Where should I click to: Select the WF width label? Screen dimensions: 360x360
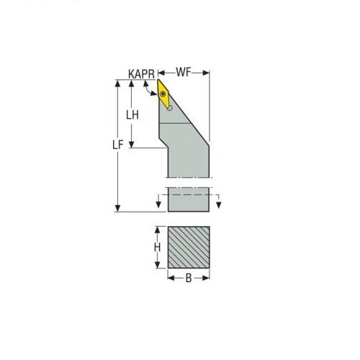(x=184, y=73)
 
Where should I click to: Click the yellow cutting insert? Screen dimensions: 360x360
(x=165, y=94)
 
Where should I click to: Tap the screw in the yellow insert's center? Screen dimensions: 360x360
(x=164, y=93)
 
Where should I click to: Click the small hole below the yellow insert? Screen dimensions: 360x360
(x=170, y=107)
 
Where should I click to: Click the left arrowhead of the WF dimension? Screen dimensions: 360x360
(x=161, y=73)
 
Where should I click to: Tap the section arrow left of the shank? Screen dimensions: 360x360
(x=158, y=204)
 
